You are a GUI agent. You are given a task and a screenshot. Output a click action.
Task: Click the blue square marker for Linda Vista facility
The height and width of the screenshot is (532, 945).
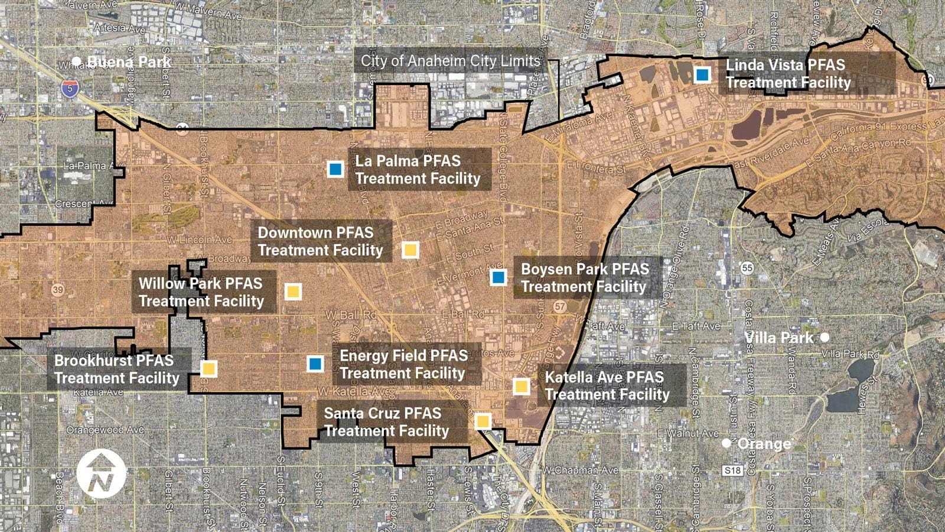click(702, 75)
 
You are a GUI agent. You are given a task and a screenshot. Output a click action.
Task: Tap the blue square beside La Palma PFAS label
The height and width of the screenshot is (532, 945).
click(335, 170)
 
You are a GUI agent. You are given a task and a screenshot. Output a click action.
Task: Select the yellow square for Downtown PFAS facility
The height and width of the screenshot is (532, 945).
click(410, 249)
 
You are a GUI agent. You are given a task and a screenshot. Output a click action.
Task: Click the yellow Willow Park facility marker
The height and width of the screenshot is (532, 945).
click(293, 291)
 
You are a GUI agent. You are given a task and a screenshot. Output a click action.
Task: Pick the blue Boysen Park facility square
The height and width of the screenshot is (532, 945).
click(498, 277)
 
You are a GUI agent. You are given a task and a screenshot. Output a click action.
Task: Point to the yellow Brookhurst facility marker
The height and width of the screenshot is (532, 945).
click(208, 369)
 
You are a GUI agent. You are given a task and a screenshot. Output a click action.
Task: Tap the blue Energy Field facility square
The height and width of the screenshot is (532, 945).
click(315, 363)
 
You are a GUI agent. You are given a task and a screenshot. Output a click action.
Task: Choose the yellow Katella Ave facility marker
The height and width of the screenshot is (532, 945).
click(520, 387)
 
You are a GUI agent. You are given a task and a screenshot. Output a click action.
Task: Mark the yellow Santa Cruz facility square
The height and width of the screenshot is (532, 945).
click(483, 421)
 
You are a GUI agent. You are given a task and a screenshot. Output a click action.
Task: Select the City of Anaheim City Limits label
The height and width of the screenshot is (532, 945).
click(450, 61)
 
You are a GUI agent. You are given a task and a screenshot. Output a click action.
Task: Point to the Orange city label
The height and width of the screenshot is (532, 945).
click(764, 444)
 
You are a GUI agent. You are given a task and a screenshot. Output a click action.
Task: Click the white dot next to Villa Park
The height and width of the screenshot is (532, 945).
click(825, 338)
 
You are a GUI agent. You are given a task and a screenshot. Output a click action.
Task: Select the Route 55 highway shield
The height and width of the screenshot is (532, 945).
click(748, 268)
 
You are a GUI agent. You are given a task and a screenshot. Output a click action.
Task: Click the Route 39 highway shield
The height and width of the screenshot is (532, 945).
click(57, 290)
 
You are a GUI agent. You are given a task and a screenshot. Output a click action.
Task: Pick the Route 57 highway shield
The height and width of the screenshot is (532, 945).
click(561, 307)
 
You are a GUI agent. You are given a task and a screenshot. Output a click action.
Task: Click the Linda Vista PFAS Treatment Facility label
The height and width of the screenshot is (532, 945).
click(788, 73)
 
